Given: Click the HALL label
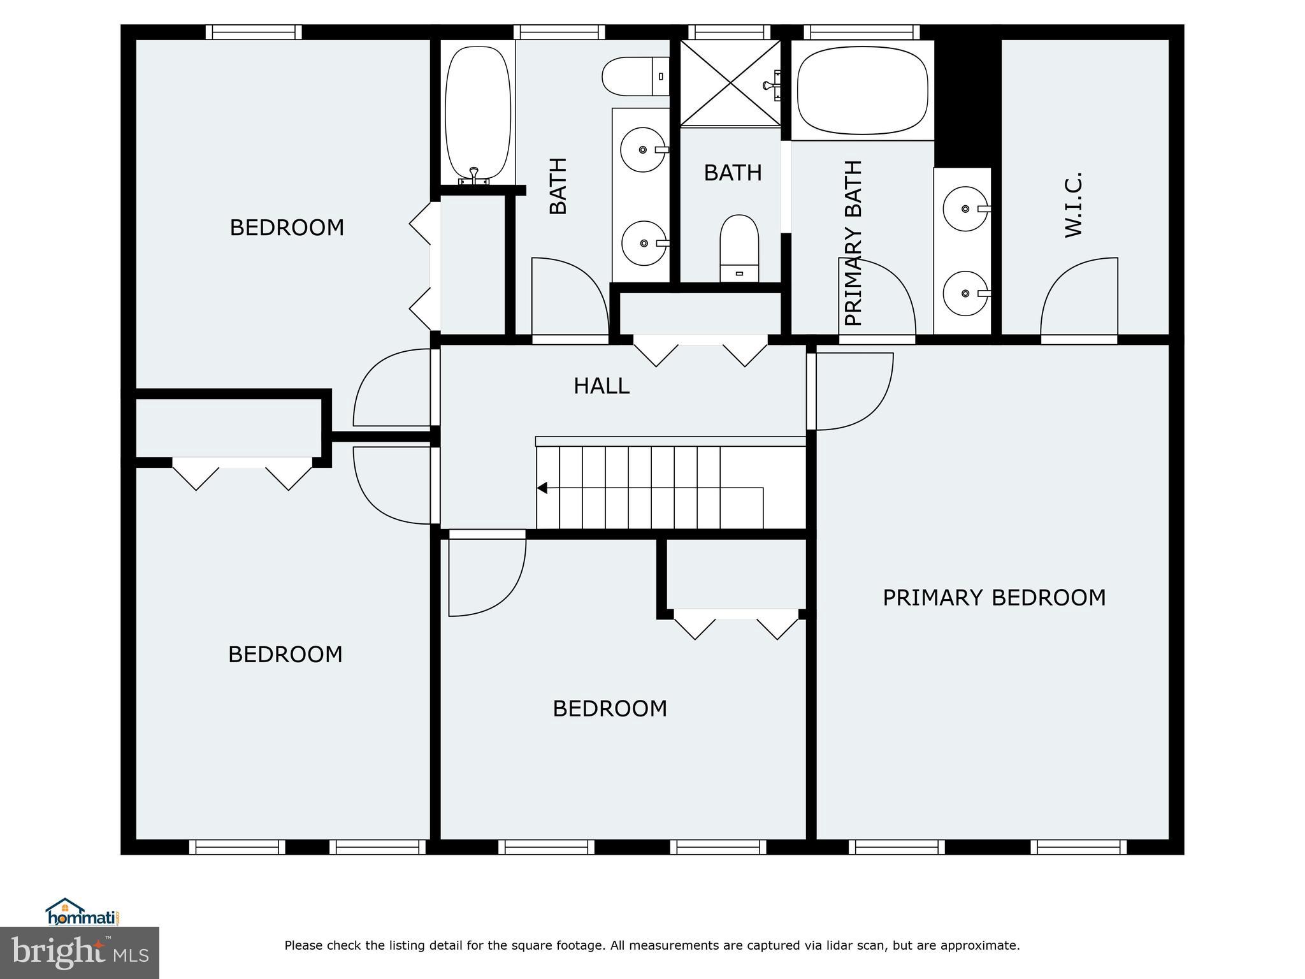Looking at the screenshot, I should [602, 386].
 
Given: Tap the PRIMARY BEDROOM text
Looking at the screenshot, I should [993, 598].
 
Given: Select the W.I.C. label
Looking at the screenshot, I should [1074, 204].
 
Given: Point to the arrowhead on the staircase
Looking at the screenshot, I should [542, 488].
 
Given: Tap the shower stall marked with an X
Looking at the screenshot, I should [730, 83].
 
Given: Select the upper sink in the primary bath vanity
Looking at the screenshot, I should [965, 208].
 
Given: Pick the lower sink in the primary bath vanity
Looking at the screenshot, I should [965, 293].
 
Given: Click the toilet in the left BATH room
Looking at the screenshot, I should [635, 76].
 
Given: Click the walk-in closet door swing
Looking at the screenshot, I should [1079, 296].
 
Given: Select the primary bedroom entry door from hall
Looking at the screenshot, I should [854, 391].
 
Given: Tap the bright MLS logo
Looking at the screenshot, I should [80, 953].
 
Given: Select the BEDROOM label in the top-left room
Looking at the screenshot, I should [287, 228].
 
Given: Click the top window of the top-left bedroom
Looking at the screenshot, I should [254, 32].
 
